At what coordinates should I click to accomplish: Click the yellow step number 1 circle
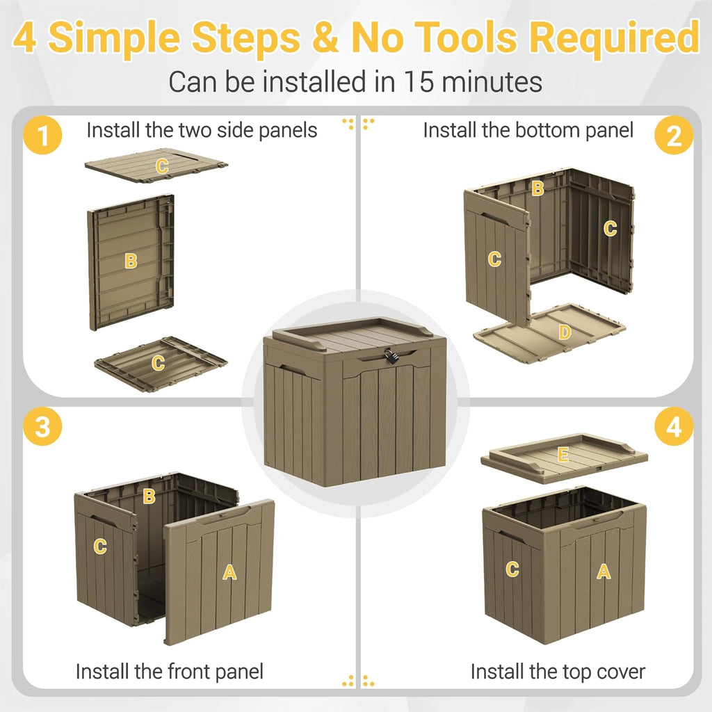[x=42, y=135]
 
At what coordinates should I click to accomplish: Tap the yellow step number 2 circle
[x=674, y=135]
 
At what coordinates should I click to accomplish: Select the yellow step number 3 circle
[x=42, y=426]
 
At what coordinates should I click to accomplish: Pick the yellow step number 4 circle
[x=674, y=426]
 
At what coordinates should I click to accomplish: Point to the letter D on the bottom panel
[x=565, y=332]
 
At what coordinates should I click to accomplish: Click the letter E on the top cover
[x=563, y=454]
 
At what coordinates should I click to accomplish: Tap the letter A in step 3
[x=229, y=572]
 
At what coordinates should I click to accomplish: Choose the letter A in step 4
[x=604, y=571]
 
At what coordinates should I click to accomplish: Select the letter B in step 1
[x=131, y=261]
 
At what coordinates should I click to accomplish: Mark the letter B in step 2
[x=537, y=188]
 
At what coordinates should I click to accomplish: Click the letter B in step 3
[x=149, y=496]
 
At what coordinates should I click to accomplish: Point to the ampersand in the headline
[x=325, y=37]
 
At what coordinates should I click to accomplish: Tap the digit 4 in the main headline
[x=25, y=37]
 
